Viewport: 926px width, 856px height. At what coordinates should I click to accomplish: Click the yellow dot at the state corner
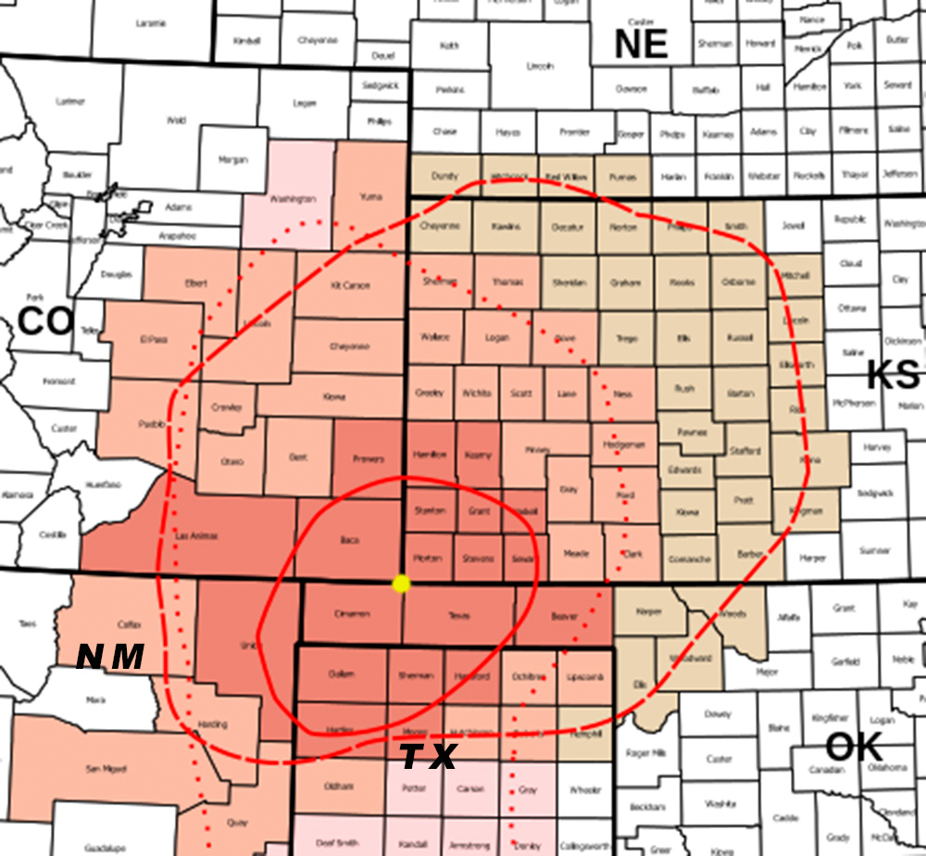click(x=401, y=584)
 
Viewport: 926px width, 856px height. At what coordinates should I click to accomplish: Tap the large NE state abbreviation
click(x=642, y=44)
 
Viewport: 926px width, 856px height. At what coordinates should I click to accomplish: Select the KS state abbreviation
click(x=894, y=375)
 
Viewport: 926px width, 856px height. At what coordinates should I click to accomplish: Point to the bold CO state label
click(x=45, y=321)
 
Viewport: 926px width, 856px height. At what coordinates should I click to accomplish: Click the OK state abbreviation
click(x=853, y=747)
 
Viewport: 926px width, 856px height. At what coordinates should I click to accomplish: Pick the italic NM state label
click(x=110, y=657)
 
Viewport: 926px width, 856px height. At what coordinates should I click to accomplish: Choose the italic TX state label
click(x=428, y=758)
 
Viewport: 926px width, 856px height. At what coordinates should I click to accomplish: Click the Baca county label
click(x=349, y=540)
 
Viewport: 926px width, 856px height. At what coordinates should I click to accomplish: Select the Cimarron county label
click(x=352, y=614)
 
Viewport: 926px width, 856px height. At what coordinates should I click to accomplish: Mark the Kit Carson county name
click(x=350, y=285)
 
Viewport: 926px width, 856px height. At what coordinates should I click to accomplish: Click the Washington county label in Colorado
click(x=294, y=199)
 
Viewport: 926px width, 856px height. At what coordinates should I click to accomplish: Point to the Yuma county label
click(x=369, y=195)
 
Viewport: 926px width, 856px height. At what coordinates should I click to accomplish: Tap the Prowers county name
click(x=368, y=459)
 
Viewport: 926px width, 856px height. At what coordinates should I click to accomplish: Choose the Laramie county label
click(x=150, y=22)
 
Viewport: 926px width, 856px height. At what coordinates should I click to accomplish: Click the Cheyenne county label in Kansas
click(x=440, y=225)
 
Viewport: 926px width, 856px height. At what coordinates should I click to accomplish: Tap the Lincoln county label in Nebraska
click(x=540, y=67)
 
